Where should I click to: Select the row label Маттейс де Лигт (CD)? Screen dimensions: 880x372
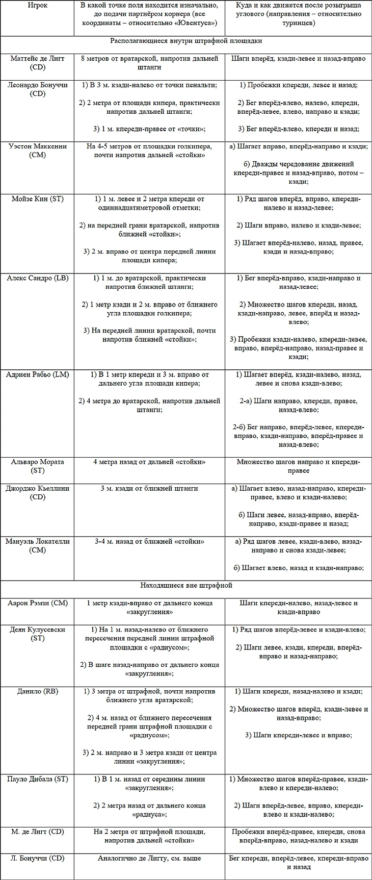click(x=38, y=63)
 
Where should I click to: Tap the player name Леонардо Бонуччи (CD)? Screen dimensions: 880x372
click(x=38, y=89)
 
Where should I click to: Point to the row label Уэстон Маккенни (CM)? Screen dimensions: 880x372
click(x=38, y=150)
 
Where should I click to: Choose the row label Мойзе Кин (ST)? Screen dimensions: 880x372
click(x=38, y=199)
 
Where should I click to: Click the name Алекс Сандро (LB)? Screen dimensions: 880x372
click(x=38, y=278)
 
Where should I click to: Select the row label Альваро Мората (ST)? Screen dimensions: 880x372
click(x=38, y=466)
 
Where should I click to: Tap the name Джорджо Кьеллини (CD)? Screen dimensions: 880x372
click(x=38, y=492)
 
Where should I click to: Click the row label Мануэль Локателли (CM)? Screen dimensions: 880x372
click(x=38, y=545)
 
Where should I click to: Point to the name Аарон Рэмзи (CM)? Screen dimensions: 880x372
click(x=38, y=603)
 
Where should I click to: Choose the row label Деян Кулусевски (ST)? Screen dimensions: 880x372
click(x=38, y=634)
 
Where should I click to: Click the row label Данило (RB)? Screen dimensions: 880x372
click(x=38, y=691)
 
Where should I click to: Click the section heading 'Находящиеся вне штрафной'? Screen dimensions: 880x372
click(x=186, y=586)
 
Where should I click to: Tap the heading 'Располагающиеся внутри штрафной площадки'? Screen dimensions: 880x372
click(x=186, y=41)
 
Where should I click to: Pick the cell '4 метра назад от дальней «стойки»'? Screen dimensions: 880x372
click(x=149, y=462)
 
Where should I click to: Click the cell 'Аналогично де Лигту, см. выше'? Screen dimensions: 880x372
click(x=149, y=858)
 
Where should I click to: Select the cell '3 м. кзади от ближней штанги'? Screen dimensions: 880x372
click(x=149, y=488)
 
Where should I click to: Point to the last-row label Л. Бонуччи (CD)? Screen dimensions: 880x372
click(x=38, y=858)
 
